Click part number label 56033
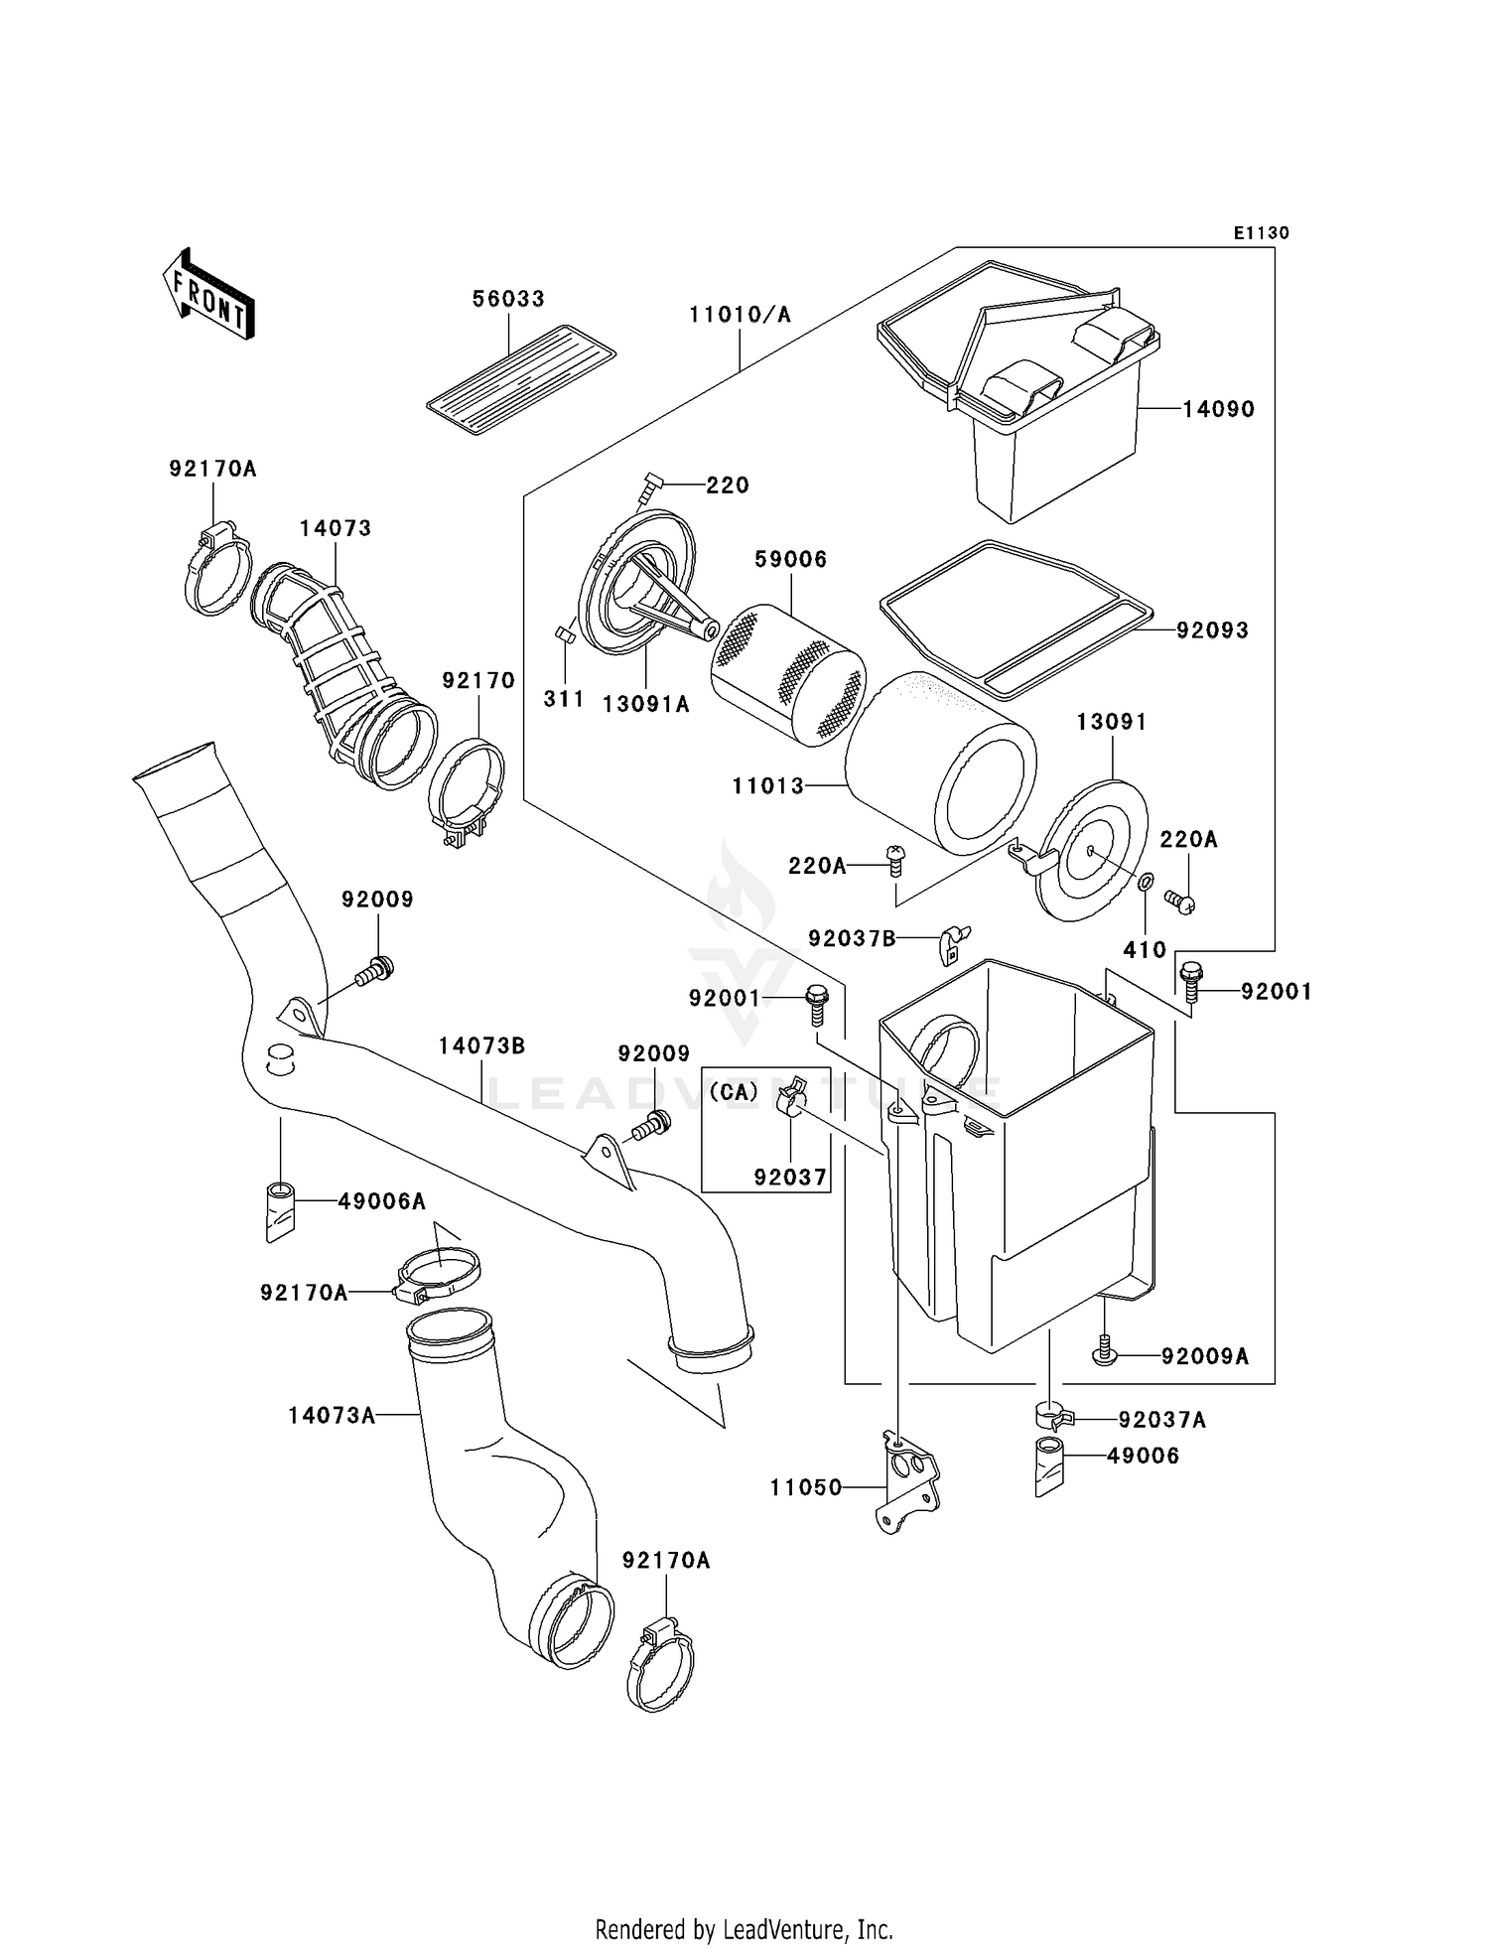coord(508,299)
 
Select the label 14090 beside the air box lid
coord(1218,409)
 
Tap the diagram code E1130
coord(1261,233)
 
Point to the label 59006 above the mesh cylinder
coord(790,559)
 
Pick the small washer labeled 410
coord(1145,881)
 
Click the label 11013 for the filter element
coord(768,786)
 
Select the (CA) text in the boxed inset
coord(735,1091)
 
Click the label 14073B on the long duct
coord(481,1045)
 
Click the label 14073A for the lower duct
coord(332,1415)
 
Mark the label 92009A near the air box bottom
coord(1204,1356)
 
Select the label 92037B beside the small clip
coord(852,938)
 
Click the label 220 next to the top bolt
coord(727,486)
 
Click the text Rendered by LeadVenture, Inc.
coord(744,1929)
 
